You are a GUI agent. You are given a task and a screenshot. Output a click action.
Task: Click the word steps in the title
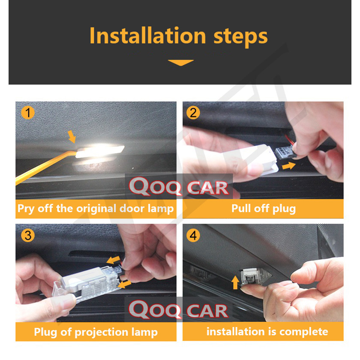point(240,37)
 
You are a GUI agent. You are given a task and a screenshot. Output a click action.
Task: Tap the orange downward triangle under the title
point(181,63)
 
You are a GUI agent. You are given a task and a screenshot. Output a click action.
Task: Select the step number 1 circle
point(28,113)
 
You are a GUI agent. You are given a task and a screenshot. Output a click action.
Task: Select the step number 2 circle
point(193,113)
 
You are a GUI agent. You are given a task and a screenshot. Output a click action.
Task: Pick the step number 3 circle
point(28,235)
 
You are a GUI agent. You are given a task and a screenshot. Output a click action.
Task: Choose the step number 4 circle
point(193,235)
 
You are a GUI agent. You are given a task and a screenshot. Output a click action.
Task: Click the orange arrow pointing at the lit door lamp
point(72,137)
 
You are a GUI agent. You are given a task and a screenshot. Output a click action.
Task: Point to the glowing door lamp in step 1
point(100,151)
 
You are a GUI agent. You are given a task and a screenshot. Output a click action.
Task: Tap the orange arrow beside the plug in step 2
point(288,165)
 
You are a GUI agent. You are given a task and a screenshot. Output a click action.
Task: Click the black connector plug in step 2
point(285,152)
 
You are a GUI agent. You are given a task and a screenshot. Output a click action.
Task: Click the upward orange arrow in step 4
point(235,282)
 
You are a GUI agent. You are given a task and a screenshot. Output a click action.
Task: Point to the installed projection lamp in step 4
point(255,277)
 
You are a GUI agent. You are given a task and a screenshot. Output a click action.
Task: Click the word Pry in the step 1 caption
point(26,209)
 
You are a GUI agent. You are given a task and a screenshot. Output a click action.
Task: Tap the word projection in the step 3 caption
point(102,333)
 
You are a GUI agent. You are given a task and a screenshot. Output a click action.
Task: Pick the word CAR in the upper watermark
point(207,188)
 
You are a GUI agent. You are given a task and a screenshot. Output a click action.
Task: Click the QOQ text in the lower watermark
point(155,310)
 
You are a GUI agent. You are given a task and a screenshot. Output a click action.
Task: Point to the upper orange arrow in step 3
point(114,260)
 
